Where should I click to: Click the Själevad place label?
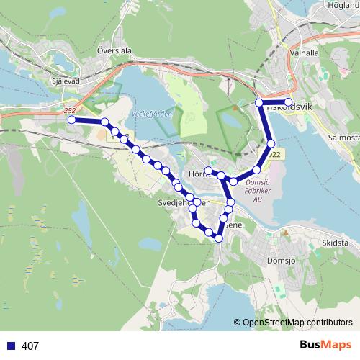click(66, 81)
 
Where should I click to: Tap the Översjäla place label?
click(114, 51)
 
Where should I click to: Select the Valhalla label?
click(303, 53)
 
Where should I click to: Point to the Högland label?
click(343, 4)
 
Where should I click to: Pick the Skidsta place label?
click(336, 243)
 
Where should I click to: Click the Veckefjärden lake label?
click(149, 115)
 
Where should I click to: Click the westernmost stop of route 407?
click(71, 120)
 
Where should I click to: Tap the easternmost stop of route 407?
click(288, 102)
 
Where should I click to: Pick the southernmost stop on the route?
click(219, 238)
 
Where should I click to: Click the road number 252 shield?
click(69, 110)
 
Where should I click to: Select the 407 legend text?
click(30, 346)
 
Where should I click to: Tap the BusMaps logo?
click(325, 345)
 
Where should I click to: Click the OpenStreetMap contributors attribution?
click(293, 323)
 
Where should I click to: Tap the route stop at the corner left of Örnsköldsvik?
click(259, 104)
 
